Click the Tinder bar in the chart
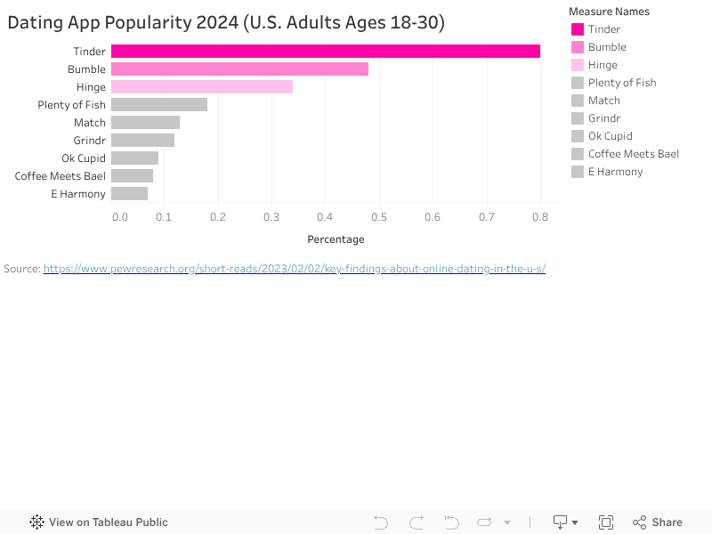pos(325,52)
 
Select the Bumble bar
pos(239,69)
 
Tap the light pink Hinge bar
pos(202,87)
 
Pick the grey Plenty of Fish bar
pos(159,105)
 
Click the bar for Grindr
pos(142,141)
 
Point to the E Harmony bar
pos(129,194)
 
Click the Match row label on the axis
pos(90,123)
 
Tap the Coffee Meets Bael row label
pos(61,176)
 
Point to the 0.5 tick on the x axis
pos(379,216)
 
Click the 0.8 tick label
pos(540,216)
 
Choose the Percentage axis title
pos(336,239)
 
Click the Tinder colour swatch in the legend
pos(577,29)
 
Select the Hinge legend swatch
pos(577,65)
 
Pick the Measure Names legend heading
pos(609,12)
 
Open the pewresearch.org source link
pos(294,268)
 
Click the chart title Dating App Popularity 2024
pos(226,23)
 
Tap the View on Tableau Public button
pos(99,522)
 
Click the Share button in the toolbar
pos(658,522)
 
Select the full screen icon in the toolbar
pos(606,522)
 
